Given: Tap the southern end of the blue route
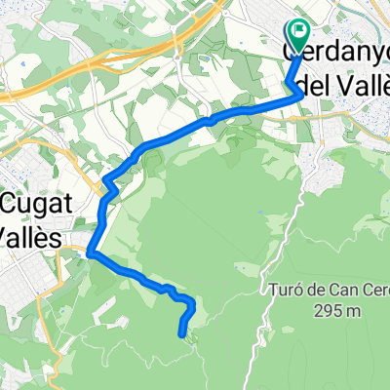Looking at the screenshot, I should tap(182, 334).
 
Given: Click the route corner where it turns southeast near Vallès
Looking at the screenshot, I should tap(91, 253).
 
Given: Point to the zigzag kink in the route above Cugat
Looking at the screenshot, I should tap(108, 182).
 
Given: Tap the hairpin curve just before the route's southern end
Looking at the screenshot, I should tap(191, 306).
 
